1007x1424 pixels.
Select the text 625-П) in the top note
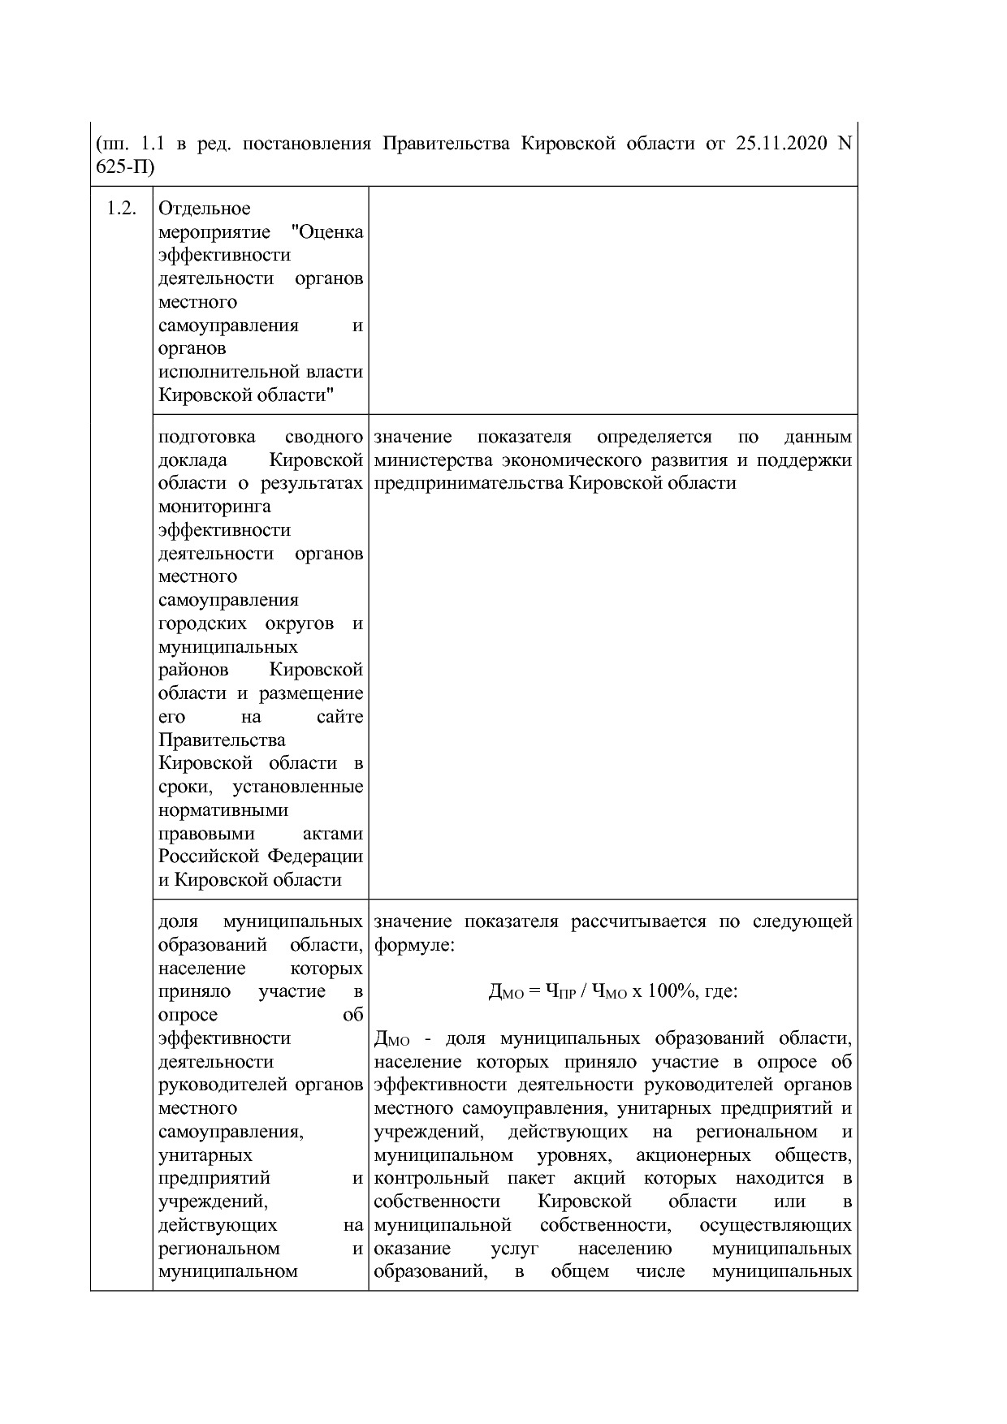click(124, 167)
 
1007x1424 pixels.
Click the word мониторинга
click(214, 507)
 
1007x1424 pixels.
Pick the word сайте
click(339, 717)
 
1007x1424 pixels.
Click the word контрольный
click(431, 1178)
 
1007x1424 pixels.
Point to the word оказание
click(410, 1248)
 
